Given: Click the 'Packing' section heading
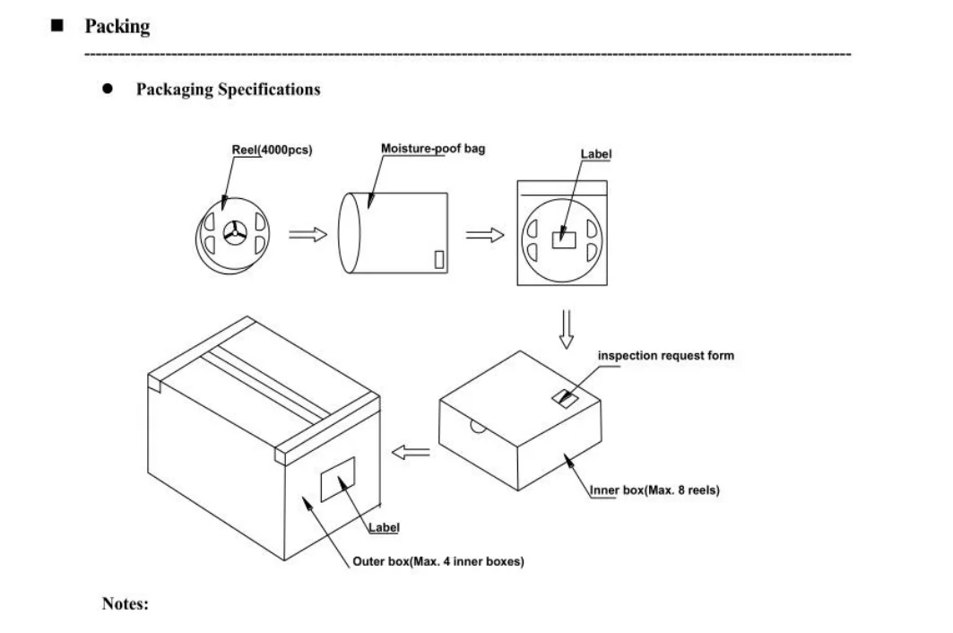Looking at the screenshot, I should coord(117,27).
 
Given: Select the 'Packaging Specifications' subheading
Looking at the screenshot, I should coord(228,90).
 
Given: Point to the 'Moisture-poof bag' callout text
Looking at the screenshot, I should coord(433,149).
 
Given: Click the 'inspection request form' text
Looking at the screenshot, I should coord(665,356).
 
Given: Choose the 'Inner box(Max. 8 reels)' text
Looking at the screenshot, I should coord(655,491).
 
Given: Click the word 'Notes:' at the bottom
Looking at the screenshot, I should coord(126,603).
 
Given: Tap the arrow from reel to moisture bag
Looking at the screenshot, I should coord(307,234).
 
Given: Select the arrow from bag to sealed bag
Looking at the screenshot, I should coord(484,234).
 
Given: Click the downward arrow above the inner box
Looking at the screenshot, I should coord(565,329).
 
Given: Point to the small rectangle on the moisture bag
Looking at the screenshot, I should coord(439,259).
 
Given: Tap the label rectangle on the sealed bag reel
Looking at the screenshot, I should coord(565,239).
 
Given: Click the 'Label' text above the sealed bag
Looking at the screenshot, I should coord(596,155).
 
